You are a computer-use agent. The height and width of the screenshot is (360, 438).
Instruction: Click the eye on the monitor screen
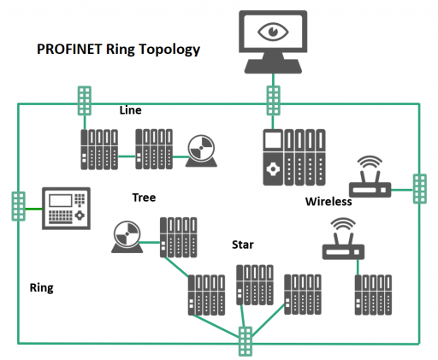(x=273, y=32)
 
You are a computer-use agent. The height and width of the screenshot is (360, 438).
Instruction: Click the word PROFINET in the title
(x=69, y=49)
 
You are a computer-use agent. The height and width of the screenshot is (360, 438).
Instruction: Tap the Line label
(x=130, y=110)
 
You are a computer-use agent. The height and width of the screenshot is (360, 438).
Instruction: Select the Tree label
(x=144, y=198)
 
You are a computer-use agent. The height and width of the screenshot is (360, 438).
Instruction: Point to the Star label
(x=243, y=245)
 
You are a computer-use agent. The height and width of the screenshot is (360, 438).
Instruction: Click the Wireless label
(x=328, y=202)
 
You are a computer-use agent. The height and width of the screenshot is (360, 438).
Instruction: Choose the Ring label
(x=42, y=288)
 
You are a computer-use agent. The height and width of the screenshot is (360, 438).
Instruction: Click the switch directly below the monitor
(x=273, y=101)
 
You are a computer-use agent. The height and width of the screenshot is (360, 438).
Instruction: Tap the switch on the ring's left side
(x=18, y=206)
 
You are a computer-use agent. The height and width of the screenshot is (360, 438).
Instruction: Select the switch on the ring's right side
(x=420, y=189)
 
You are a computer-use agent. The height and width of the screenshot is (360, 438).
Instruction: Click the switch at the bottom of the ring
(x=246, y=341)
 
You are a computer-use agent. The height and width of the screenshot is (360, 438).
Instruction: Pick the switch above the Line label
(x=85, y=101)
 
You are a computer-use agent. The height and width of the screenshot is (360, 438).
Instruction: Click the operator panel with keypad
(x=66, y=209)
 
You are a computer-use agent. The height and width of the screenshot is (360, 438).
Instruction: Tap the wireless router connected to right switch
(x=370, y=177)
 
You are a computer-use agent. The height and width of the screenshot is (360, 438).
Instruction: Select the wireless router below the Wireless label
(x=343, y=239)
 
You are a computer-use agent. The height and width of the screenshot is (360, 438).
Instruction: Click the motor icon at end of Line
(x=201, y=150)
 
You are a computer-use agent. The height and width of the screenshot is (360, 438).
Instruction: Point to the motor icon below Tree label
(x=127, y=237)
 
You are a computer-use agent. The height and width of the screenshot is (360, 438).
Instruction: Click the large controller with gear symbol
(x=294, y=157)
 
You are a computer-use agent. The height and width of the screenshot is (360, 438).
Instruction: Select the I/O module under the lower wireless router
(x=373, y=295)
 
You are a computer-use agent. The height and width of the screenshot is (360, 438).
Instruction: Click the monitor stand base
(x=273, y=66)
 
